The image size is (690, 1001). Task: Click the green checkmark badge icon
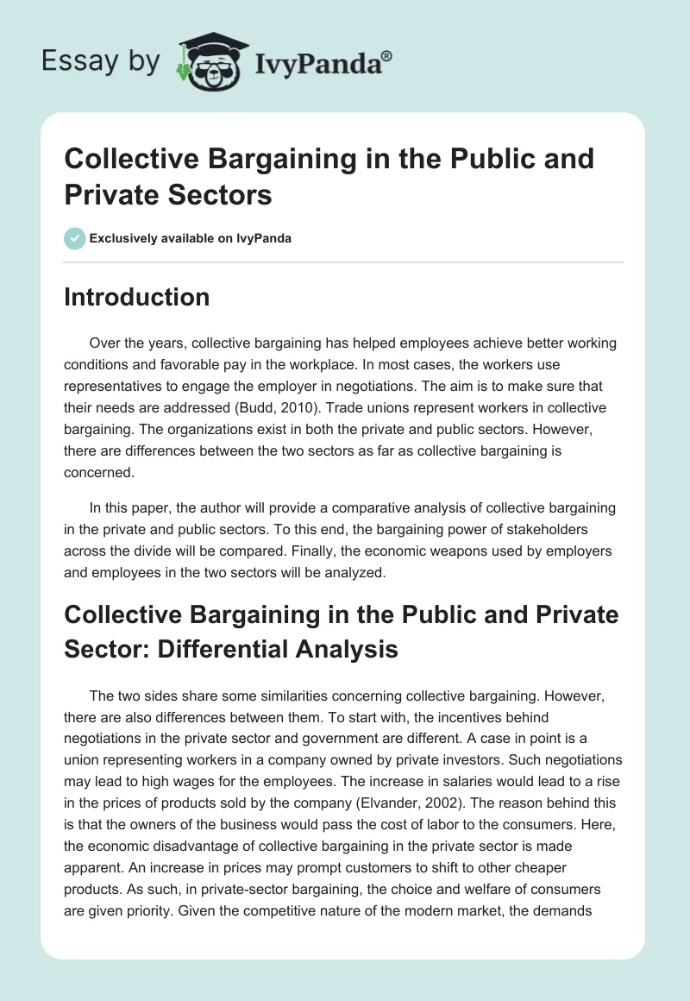coord(74,238)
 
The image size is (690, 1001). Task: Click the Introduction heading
coord(137,297)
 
